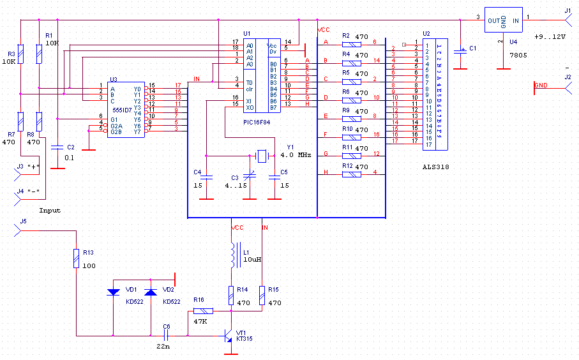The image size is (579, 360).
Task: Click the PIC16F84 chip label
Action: pyautogui.click(x=257, y=121)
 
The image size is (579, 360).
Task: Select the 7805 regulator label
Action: pyautogui.click(x=517, y=56)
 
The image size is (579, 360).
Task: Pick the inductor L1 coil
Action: pyautogui.click(x=232, y=255)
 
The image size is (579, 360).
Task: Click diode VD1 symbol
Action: pyautogui.click(x=113, y=292)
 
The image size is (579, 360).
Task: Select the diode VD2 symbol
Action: pyautogui.click(x=150, y=292)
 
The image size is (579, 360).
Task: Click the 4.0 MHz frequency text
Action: pyautogui.click(x=296, y=155)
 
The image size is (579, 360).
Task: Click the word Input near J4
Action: pyautogui.click(x=50, y=210)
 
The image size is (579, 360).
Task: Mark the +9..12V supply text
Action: pyautogui.click(x=550, y=37)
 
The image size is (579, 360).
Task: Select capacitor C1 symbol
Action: pyautogui.click(x=460, y=51)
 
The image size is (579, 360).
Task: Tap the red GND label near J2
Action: pyautogui.click(x=540, y=86)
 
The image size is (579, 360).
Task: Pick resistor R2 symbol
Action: pyautogui.click(x=352, y=45)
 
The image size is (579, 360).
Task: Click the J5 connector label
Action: pyautogui.click(x=23, y=221)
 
